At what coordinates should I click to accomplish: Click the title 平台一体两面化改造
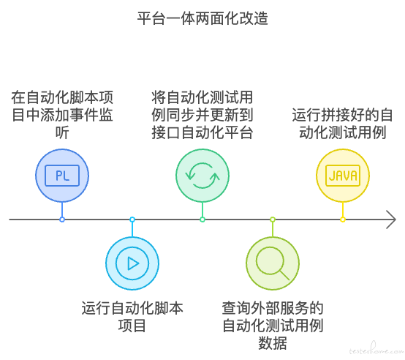pos(202,18)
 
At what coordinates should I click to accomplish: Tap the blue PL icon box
pos(62,176)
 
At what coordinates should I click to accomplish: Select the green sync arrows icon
pos(202,176)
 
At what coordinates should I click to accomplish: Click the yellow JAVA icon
pos(343,176)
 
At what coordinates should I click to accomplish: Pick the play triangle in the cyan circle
pos(133,263)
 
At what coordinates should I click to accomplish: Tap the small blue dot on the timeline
pos(62,220)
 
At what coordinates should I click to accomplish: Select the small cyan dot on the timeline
pos(132,220)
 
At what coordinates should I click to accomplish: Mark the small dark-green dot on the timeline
pos(202,220)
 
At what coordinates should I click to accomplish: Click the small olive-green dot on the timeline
pos(273,220)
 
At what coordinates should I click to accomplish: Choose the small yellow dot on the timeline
pos(343,220)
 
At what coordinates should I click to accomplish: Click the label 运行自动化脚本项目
pos(132,317)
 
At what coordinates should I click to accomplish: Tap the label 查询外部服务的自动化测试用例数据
pos(273,326)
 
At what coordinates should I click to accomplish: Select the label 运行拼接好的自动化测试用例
pos(343,124)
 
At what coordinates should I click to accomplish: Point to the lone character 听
pos(62,132)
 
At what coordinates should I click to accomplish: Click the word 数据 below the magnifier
pos(273,343)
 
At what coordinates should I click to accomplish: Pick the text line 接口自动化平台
pos(202,132)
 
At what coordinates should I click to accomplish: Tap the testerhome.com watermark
pos(376,349)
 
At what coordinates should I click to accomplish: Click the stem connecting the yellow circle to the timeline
pos(343,209)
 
